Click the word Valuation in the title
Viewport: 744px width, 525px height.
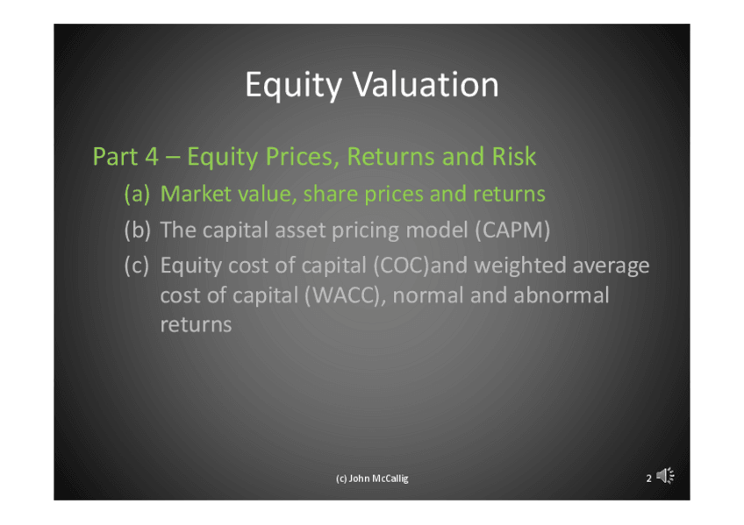(426, 85)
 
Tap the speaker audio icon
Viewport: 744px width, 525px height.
(666, 476)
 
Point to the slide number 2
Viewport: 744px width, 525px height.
(648, 479)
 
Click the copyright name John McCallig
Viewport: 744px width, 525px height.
(379, 479)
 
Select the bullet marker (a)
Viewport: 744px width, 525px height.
(137, 195)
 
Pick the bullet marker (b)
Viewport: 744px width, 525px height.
(138, 231)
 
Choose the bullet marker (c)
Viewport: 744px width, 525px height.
(137, 266)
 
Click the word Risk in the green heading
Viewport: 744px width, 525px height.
(514, 156)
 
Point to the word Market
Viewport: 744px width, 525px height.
(196, 194)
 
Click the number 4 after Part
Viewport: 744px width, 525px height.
(152, 157)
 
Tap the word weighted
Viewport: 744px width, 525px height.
(520, 266)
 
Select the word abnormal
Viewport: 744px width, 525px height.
(562, 295)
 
